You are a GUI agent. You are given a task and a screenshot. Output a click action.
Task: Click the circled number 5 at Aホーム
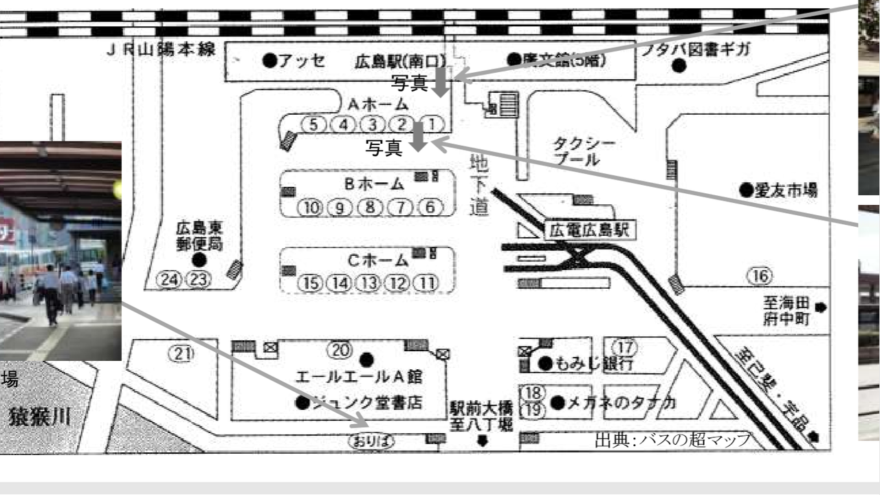click(313, 124)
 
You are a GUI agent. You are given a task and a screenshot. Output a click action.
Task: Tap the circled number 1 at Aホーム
click(432, 124)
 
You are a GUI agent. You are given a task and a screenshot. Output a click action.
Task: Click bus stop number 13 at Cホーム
click(371, 283)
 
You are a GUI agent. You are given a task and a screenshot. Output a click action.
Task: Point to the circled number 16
click(760, 276)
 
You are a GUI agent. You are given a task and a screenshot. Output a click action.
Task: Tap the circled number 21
click(182, 353)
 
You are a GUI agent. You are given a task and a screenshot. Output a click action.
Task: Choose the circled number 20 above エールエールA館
click(338, 349)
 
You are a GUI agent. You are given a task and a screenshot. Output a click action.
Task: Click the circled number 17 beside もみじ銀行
click(624, 346)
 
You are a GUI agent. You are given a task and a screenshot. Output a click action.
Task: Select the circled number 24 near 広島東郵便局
click(168, 279)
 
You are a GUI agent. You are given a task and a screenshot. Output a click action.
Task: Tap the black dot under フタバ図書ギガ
click(679, 66)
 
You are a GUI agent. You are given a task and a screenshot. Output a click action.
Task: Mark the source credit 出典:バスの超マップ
click(672, 439)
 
